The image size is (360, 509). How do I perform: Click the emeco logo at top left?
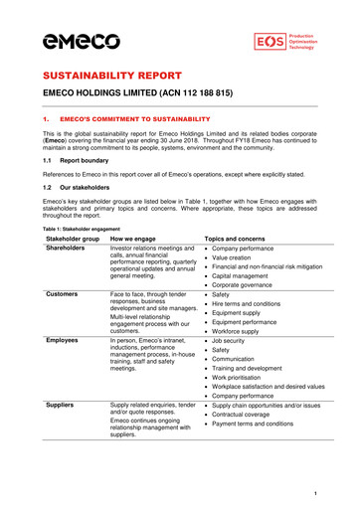(82, 41)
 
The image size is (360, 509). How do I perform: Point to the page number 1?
(314, 493)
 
